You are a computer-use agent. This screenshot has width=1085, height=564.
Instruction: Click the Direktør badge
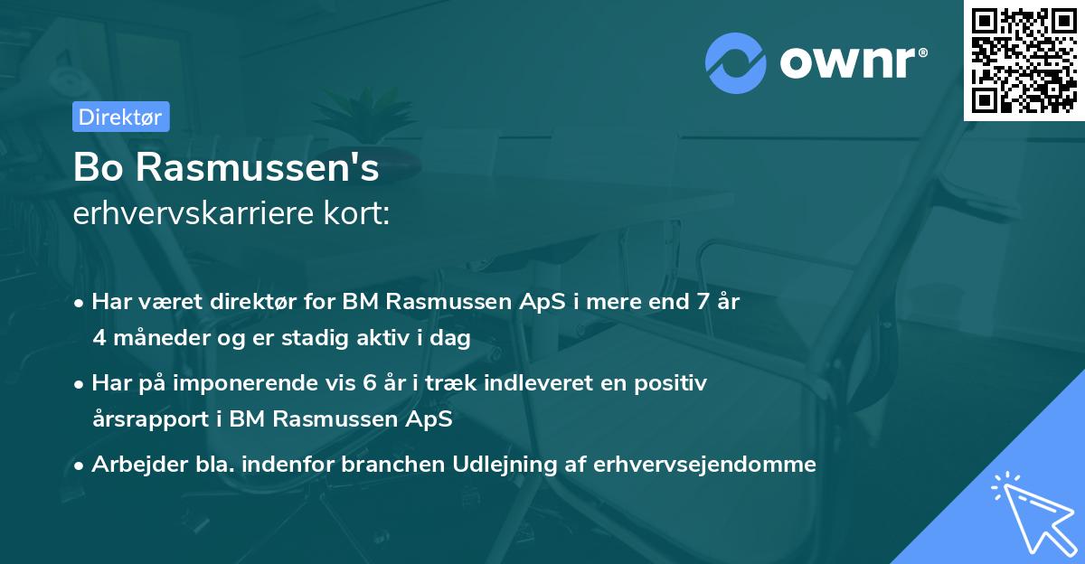[120, 117]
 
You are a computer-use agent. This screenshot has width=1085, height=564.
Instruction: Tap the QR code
[1024, 60]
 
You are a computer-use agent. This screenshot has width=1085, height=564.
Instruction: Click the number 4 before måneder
[99, 337]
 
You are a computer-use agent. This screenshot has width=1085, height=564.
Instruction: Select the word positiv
[674, 383]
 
